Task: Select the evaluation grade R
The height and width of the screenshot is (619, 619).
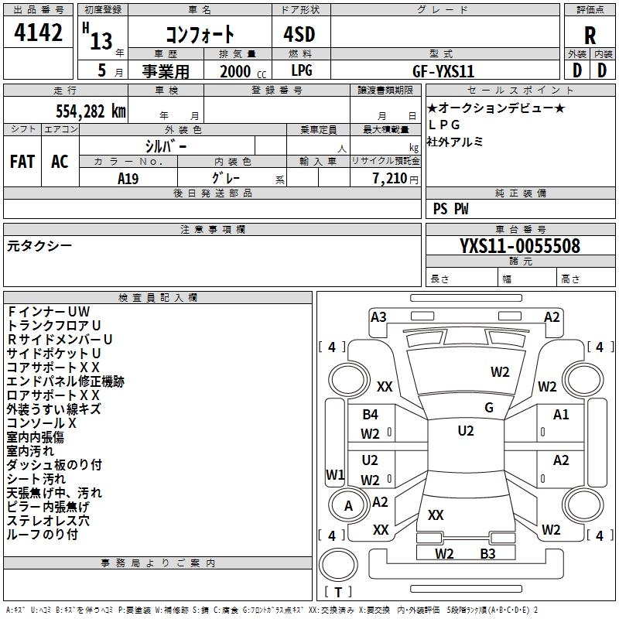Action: coord(590,36)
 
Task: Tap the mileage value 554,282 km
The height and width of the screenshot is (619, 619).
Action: coord(91,111)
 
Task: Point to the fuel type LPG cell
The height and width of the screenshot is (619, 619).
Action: coord(303,71)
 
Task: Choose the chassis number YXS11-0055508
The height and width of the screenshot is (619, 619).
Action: coord(519,246)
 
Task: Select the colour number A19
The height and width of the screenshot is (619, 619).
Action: coord(128,177)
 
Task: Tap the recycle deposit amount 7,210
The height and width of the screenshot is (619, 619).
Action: coord(385,178)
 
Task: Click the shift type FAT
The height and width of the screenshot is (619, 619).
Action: coord(22,162)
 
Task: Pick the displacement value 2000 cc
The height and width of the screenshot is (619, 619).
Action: coord(240,71)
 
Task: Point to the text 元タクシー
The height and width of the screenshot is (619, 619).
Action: coord(39,245)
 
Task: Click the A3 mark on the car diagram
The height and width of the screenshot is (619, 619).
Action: coord(378,316)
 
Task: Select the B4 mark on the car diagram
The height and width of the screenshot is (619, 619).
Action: coord(370,415)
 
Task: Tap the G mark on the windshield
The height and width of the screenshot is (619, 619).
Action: coord(488,407)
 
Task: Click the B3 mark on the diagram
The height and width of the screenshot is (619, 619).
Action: coord(487,553)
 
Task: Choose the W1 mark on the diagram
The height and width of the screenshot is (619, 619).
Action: coord(334,474)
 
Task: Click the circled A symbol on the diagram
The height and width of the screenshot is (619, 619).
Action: coord(348,505)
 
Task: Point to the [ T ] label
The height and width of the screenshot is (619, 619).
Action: coord(338,592)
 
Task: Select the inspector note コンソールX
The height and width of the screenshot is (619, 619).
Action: coord(42,422)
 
